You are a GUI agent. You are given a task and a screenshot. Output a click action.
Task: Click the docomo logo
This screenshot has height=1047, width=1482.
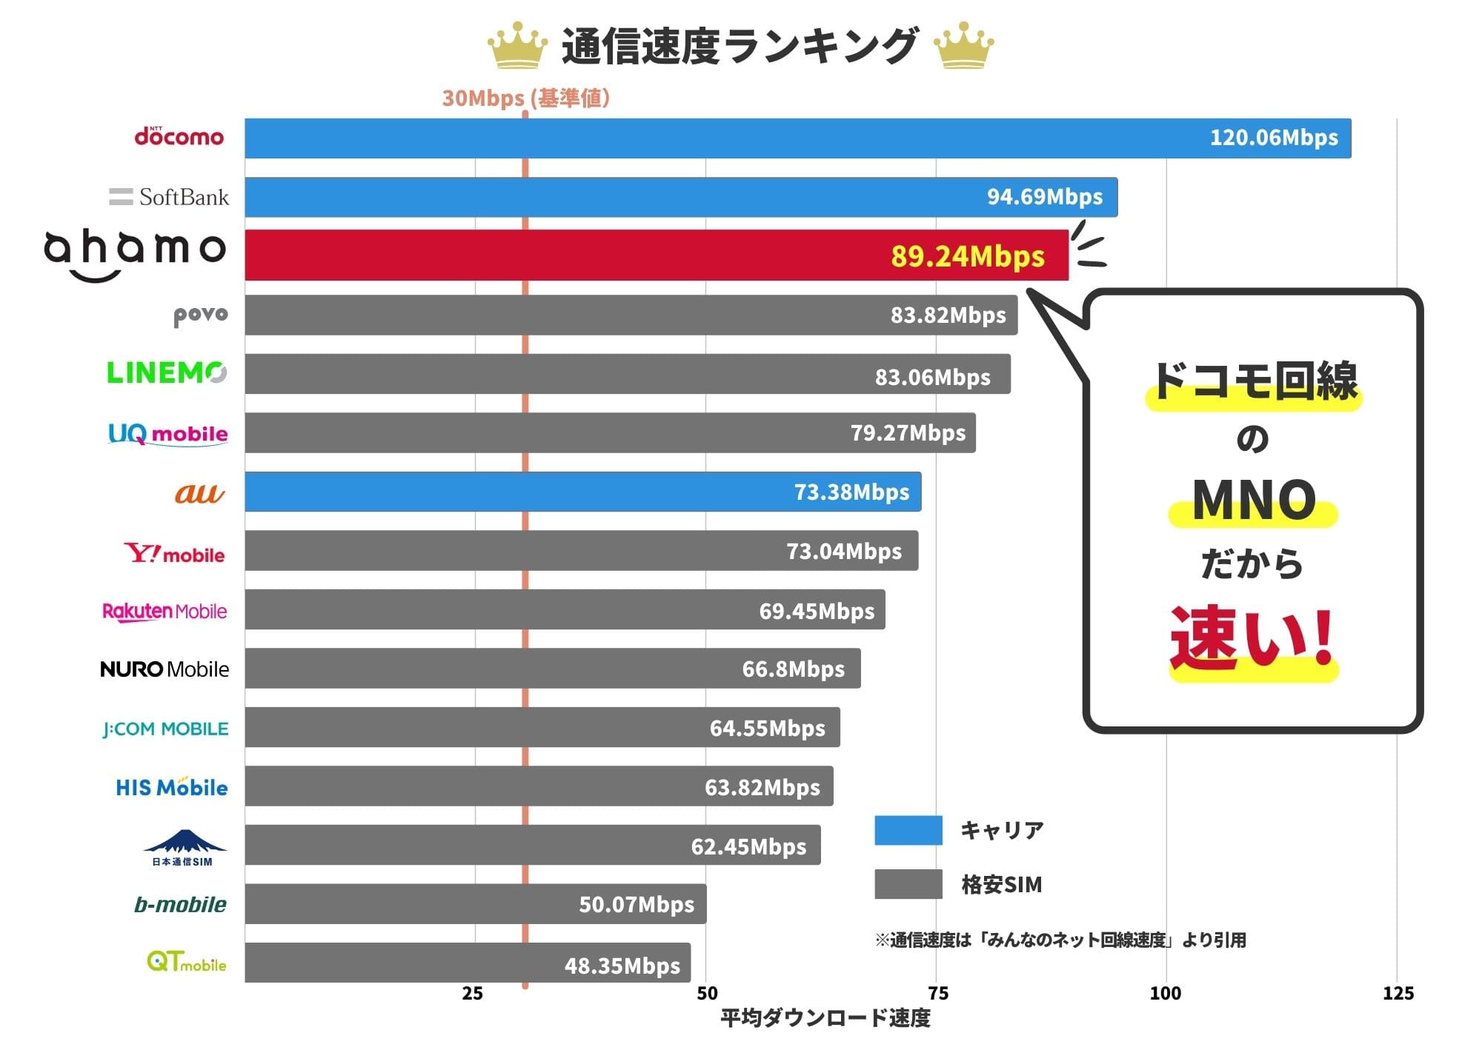[x=179, y=137]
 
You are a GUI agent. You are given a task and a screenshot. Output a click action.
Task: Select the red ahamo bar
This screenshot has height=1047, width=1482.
[x=656, y=255]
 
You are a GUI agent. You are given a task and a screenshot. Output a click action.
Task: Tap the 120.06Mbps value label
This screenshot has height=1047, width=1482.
[x=1273, y=138]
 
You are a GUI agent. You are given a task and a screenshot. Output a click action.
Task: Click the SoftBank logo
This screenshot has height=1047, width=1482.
[x=170, y=197]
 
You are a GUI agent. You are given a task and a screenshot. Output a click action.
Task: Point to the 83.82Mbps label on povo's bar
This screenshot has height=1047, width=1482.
[x=948, y=315]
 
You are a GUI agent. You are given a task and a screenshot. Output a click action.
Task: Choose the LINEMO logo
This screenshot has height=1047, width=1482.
[x=167, y=372]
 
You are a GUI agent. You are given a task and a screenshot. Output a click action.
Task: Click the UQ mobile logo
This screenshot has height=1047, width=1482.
[x=168, y=433]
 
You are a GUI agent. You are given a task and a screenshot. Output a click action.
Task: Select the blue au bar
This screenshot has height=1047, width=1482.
[x=582, y=492]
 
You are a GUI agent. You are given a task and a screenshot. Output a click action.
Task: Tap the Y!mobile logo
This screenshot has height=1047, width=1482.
[x=175, y=554]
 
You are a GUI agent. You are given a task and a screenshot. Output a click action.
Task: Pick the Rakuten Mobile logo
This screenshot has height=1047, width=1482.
[x=165, y=612]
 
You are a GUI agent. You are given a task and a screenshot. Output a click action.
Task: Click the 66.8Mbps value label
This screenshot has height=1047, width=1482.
[x=793, y=669]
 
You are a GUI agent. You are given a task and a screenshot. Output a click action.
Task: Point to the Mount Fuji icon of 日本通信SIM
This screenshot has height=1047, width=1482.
[x=185, y=841]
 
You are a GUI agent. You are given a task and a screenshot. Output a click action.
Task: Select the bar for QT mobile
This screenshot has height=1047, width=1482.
[x=467, y=963]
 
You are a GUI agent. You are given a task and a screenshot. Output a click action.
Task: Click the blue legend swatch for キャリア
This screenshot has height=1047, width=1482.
[x=908, y=830]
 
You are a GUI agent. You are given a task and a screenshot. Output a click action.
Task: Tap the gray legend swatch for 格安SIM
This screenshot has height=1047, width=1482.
[x=908, y=884]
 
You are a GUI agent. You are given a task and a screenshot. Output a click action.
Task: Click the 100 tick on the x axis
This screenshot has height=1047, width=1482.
[x=1166, y=994]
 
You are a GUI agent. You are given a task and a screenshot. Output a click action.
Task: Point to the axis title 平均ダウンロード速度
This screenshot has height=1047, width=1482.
[x=825, y=1019]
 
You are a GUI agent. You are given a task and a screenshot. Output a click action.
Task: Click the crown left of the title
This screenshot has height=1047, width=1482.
[x=517, y=46]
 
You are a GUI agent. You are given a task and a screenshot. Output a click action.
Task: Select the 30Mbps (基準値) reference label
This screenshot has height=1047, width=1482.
[x=525, y=98]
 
